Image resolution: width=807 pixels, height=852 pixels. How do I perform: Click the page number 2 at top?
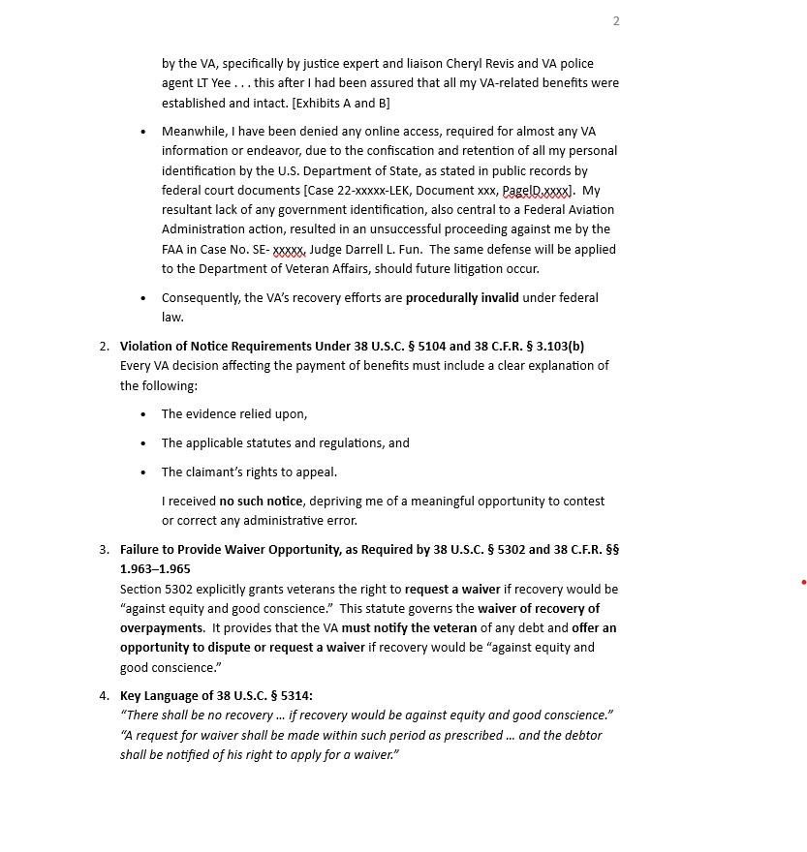[x=616, y=21]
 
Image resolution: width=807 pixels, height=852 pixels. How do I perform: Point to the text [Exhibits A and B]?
[x=327, y=103]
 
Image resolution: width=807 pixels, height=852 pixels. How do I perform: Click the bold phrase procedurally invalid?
[x=462, y=298]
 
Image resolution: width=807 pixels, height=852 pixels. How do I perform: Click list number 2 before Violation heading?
[x=104, y=347]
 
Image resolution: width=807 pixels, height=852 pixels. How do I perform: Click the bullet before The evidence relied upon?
[x=143, y=414]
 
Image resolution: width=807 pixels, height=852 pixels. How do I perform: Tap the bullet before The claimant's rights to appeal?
[x=143, y=472]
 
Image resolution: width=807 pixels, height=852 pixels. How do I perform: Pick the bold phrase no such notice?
[x=261, y=502]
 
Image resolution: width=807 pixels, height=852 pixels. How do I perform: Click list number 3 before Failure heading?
[x=104, y=550]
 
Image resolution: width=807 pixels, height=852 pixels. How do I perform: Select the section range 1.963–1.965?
[x=155, y=569]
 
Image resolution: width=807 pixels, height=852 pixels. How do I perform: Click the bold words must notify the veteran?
[x=409, y=628]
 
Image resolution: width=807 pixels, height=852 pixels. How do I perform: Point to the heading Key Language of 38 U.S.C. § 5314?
[x=216, y=696]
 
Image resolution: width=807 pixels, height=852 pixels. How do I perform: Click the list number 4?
[x=104, y=696]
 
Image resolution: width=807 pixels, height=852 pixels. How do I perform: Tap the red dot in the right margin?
[x=803, y=582]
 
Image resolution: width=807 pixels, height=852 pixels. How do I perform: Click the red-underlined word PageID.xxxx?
[x=537, y=191]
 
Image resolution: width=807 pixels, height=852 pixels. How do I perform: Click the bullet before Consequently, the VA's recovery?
[x=143, y=298]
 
